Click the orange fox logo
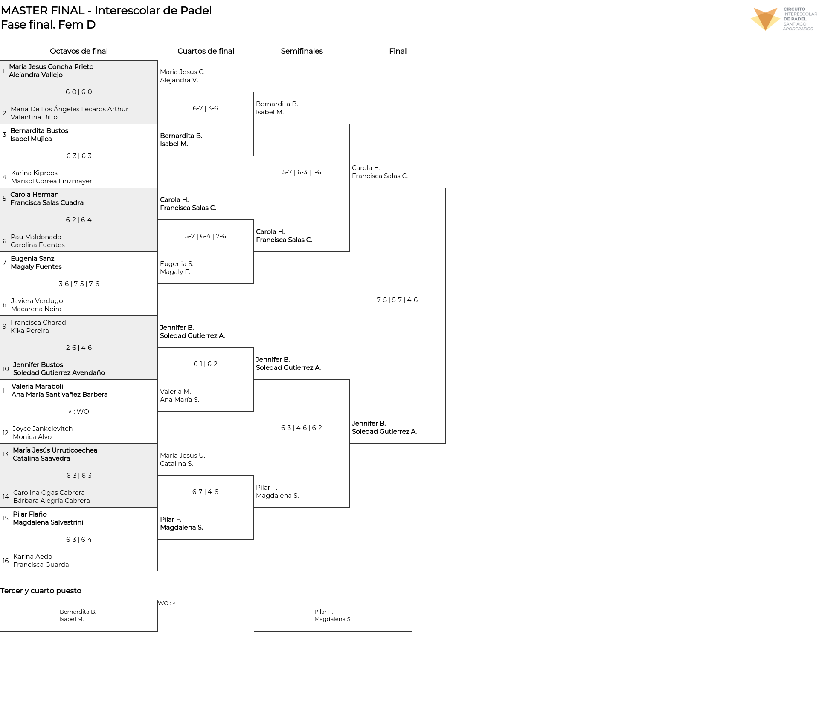[765, 19]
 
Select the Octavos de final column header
[79, 51]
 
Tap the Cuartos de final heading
[206, 51]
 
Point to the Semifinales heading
[302, 51]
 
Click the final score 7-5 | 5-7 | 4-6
[397, 300]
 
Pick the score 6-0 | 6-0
[79, 92]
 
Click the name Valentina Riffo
[34, 117]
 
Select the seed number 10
[6, 369]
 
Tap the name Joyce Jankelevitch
[43, 429]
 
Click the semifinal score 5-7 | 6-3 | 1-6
[302, 172]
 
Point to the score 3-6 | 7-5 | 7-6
[79, 284]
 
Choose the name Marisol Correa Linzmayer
[52, 181]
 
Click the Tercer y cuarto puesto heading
[41, 591]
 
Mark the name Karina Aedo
[33, 557]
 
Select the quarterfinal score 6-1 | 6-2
[206, 364]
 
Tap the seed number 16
[6, 561]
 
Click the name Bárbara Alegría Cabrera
[52, 501]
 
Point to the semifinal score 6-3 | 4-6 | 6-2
[302, 428]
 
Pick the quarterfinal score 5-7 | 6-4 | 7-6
[206, 236]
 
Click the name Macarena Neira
[36, 309]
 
